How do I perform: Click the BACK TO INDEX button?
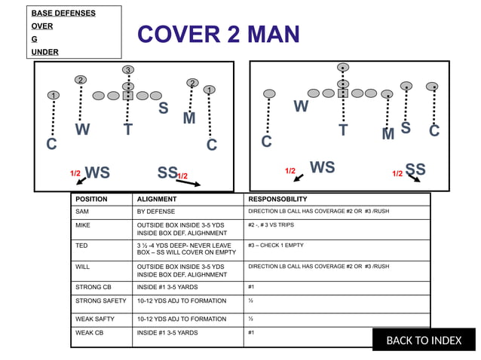click(x=424, y=340)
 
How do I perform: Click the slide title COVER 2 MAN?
click(x=218, y=34)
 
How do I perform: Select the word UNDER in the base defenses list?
click(x=44, y=52)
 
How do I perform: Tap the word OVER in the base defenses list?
click(x=42, y=26)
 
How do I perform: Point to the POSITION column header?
click(x=91, y=200)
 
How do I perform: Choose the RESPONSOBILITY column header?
click(x=277, y=200)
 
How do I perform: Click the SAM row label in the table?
click(x=82, y=212)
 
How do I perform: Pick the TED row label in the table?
click(x=81, y=246)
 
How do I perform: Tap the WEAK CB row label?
click(x=90, y=332)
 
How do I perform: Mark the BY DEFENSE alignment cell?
click(x=155, y=212)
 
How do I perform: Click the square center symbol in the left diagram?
click(x=128, y=96)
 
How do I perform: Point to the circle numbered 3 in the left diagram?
click(x=128, y=70)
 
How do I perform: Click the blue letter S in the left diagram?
click(x=163, y=109)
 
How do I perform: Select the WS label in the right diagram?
click(x=322, y=167)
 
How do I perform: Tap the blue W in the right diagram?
click(x=301, y=107)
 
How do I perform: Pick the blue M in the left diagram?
click(x=189, y=118)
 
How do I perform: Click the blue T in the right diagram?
click(x=343, y=130)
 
